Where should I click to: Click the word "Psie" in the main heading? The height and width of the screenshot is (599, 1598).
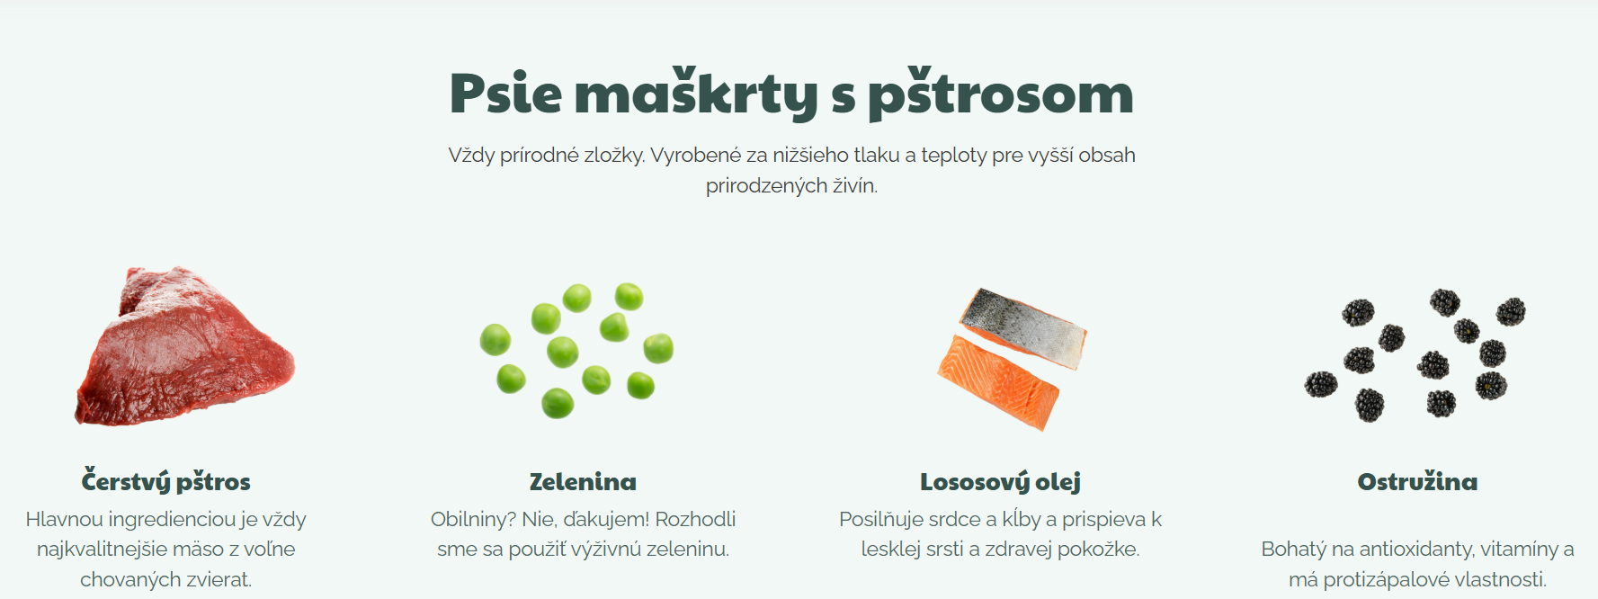(x=505, y=94)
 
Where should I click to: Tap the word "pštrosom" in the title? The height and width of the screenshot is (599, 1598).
(x=1001, y=94)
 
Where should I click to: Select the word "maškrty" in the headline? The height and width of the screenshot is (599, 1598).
(x=695, y=94)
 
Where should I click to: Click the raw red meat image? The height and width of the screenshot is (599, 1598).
(x=185, y=345)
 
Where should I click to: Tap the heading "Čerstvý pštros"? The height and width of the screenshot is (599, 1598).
(x=166, y=481)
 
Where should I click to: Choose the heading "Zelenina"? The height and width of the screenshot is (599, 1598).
(x=583, y=482)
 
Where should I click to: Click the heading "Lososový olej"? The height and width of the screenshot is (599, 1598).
(x=1000, y=482)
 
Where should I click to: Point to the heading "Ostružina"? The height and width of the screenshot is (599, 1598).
(x=1417, y=482)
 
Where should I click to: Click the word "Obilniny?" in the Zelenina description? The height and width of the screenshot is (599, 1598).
(x=473, y=520)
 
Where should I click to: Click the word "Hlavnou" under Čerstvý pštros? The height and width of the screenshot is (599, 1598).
(x=64, y=520)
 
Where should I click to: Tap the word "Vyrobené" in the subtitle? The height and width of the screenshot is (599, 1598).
(x=696, y=156)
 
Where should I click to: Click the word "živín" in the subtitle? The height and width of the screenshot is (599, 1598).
(x=854, y=186)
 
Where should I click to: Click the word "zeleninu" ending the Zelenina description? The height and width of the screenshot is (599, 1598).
(x=692, y=550)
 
